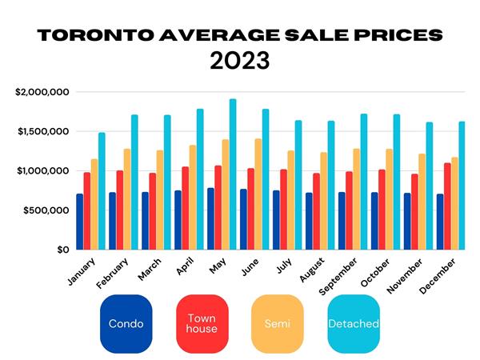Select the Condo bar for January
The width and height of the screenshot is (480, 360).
[80, 222]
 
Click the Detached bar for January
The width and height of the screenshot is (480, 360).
[102, 191]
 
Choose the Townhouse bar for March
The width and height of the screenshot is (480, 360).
[153, 211]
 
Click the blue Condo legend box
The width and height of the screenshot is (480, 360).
[126, 323]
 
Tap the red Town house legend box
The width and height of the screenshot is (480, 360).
[202, 323]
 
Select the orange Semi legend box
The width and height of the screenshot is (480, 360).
[277, 323]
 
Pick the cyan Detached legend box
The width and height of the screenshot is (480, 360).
[353, 323]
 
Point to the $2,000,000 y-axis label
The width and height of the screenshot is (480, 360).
[43, 93]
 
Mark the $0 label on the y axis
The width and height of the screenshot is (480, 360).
[64, 250]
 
